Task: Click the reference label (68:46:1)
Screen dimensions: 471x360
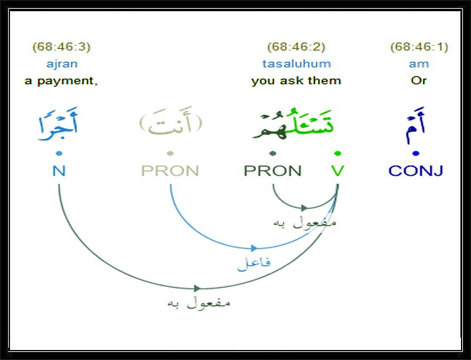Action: [x=419, y=47]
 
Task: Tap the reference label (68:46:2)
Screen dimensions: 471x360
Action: [x=296, y=47]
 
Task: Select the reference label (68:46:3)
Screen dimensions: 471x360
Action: [x=61, y=47]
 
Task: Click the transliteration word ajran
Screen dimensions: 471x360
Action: [x=62, y=64]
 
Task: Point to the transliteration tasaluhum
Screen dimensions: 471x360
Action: [x=297, y=64]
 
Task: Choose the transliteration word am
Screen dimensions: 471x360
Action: [x=419, y=64]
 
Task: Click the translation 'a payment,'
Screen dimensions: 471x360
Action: [x=61, y=81]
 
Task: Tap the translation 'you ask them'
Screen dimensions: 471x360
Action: [x=296, y=81]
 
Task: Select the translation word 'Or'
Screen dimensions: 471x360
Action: [x=419, y=81]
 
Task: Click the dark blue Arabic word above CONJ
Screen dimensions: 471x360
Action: [x=416, y=125]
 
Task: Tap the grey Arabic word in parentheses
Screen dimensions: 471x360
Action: [x=171, y=122]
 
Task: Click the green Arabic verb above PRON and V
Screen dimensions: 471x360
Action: [x=293, y=124]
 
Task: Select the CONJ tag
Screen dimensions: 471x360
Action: [x=416, y=171]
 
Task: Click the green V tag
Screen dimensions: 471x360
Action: [x=337, y=171]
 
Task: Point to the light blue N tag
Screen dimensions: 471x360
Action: [x=59, y=171]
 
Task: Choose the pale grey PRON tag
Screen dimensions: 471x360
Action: [x=170, y=171]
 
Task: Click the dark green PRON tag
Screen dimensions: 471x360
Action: [x=273, y=171]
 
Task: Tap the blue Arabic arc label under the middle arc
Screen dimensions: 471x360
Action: [x=254, y=263]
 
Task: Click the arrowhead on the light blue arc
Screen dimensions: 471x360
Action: [x=254, y=248]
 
